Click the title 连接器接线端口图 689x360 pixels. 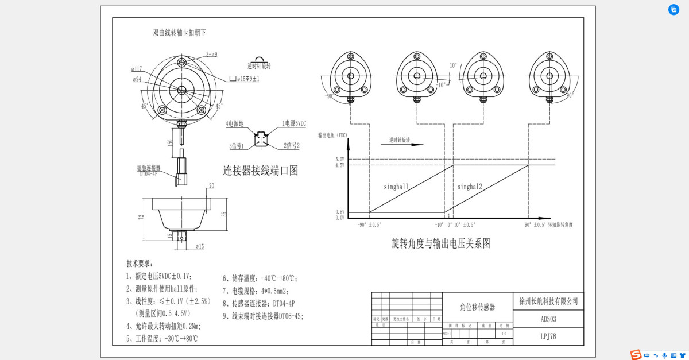click(260, 170)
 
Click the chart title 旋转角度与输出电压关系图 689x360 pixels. click(441, 243)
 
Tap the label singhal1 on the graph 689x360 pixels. click(396, 187)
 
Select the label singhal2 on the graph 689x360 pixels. click(470, 187)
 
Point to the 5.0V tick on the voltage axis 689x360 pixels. click(339, 159)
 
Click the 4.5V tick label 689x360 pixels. click(339, 165)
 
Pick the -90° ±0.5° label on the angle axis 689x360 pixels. click(369, 225)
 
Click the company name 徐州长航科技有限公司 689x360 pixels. click(548, 301)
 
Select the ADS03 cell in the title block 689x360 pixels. click(548, 319)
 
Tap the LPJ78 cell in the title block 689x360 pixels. click(548, 336)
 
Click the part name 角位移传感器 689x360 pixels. click(478, 307)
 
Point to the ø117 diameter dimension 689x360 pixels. click(137, 69)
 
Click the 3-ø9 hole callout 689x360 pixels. click(211, 55)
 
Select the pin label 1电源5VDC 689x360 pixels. click(294, 123)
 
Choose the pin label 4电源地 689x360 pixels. click(234, 123)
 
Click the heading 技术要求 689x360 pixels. click(140, 263)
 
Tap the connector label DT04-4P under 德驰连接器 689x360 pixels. click(148, 173)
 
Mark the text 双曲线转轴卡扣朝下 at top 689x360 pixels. click(179, 33)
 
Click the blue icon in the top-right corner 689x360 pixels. click(673, 10)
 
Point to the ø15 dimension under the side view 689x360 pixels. click(200, 246)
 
